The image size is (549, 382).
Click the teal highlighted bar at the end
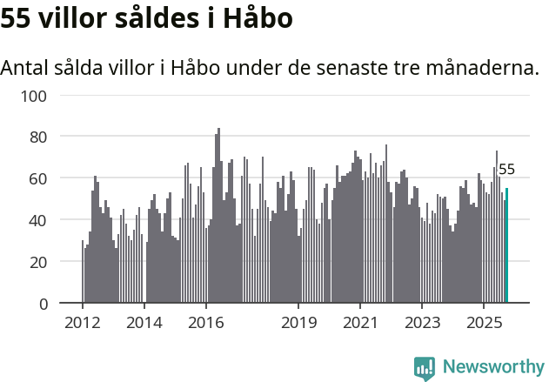[x=507, y=245]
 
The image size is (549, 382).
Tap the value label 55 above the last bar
[x=506, y=170]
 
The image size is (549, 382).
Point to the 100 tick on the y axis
[x=33, y=95]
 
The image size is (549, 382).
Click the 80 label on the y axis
[x=37, y=137]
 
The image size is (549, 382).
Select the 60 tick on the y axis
[x=37, y=178]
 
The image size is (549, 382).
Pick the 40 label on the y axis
[x=37, y=220]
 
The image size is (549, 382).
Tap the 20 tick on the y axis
[x=37, y=262]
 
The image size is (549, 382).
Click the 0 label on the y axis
[x=41, y=304]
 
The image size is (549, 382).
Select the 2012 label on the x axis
[x=83, y=324]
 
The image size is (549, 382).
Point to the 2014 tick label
[x=144, y=324]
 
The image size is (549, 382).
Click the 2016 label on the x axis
[x=205, y=324]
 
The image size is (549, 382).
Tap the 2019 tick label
[x=298, y=324]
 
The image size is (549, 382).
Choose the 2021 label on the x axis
[x=360, y=324]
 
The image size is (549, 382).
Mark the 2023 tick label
[x=422, y=324]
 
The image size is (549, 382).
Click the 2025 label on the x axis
[x=484, y=324]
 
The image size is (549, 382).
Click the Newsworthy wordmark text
[x=493, y=367]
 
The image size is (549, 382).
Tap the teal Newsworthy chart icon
[x=425, y=368]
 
